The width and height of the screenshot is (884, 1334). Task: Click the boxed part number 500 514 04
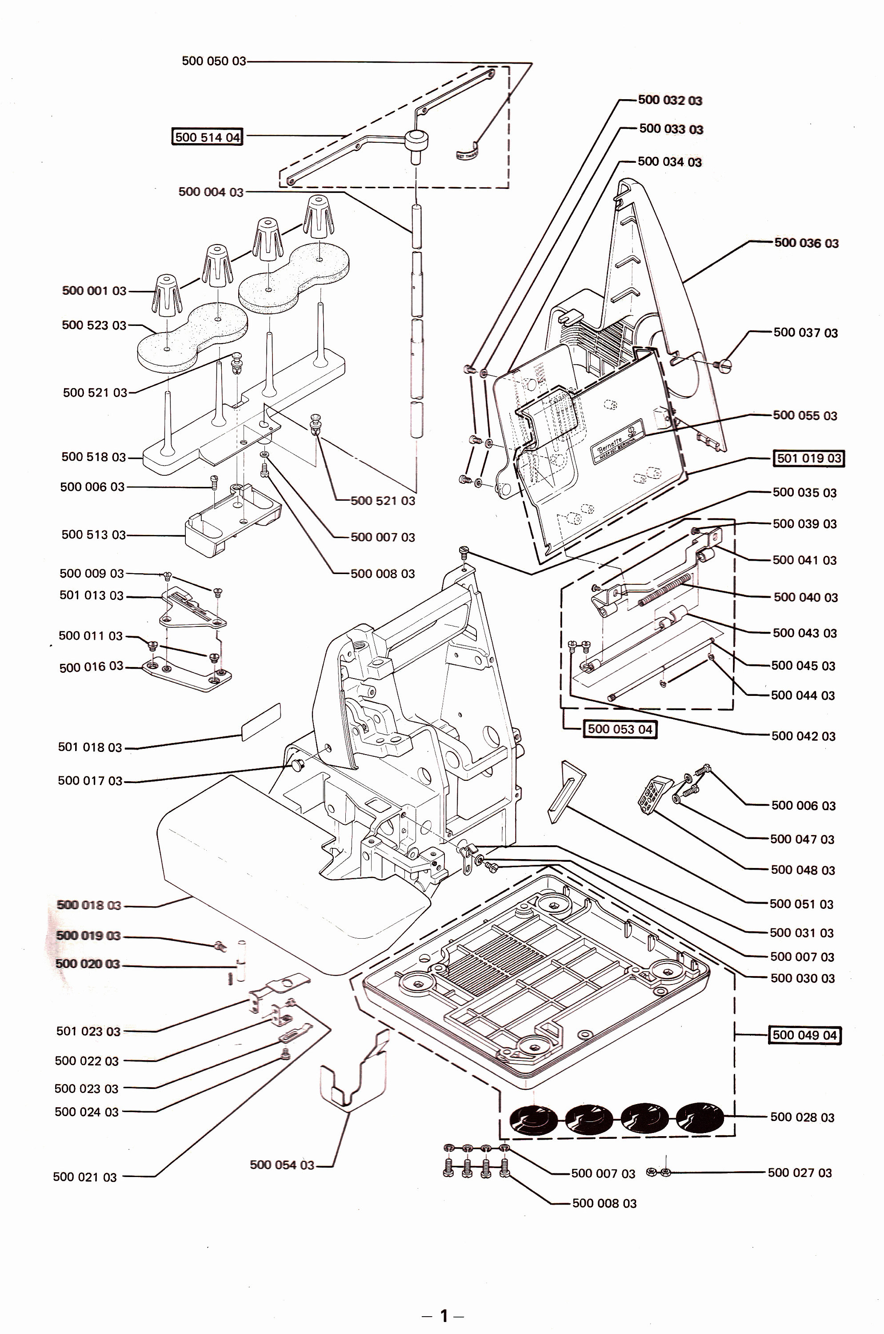click(207, 137)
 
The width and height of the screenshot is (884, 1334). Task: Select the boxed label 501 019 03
click(808, 458)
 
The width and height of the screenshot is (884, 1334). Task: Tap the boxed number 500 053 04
click(620, 729)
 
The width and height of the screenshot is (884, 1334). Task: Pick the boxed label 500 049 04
click(804, 1035)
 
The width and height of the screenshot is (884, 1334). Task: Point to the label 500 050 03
click(214, 61)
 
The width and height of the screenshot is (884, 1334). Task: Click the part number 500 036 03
click(806, 243)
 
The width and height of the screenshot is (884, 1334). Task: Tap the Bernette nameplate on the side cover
click(615, 439)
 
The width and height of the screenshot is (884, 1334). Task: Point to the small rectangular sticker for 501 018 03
click(261, 722)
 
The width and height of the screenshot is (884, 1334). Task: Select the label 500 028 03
click(802, 1117)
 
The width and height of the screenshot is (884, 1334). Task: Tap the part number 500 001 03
click(94, 291)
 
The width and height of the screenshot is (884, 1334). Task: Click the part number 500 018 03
click(88, 905)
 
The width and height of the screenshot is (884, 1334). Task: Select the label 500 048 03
click(802, 870)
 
